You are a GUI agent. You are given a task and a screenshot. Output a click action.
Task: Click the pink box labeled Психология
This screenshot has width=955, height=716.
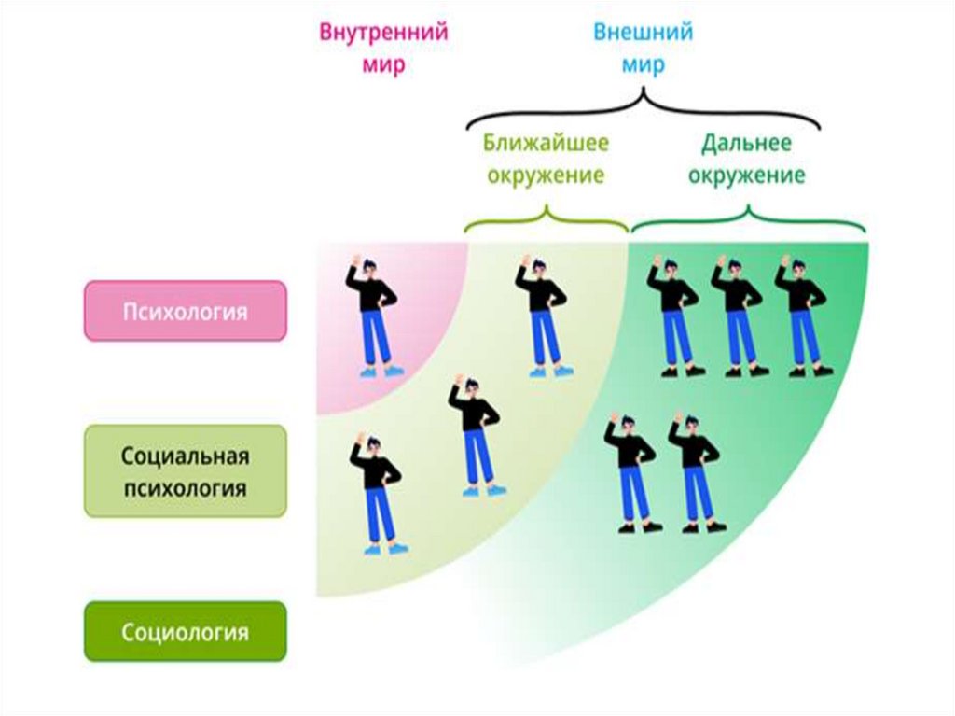click(185, 311)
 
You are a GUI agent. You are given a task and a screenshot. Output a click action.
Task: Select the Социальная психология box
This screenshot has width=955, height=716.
click(185, 471)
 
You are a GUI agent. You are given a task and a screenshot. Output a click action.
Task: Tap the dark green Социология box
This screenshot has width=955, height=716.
click(185, 632)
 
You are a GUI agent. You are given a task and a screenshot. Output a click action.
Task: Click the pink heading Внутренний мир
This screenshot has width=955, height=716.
click(384, 49)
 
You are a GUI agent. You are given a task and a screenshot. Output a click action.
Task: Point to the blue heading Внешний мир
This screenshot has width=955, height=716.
click(643, 49)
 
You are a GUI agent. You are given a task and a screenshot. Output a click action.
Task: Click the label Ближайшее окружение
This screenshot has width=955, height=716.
click(546, 159)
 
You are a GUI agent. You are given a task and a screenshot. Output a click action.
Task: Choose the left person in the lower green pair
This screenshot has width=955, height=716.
click(630, 472)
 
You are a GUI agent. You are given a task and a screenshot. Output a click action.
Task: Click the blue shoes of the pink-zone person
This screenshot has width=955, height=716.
click(382, 371)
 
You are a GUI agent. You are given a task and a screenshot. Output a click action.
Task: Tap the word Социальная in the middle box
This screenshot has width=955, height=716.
click(185, 457)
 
